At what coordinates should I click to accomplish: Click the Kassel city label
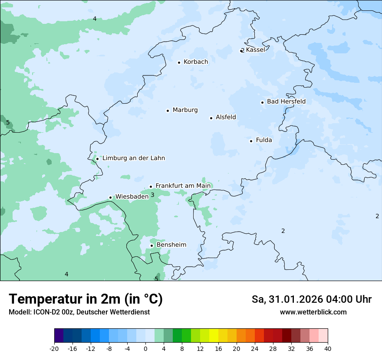click(255, 50)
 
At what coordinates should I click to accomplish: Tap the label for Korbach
click(195, 62)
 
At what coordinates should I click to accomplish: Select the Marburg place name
click(185, 110)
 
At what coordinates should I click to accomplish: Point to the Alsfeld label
click(226, 117)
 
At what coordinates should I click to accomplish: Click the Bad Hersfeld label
click(286, 101)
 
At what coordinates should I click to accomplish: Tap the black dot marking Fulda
click(251, 141)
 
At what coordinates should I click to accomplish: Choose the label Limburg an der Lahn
click(133, 158)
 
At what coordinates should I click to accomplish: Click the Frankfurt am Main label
click(183, 186)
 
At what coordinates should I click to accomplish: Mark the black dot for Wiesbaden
click(111, 197)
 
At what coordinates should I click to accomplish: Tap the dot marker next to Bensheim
click(151, 245)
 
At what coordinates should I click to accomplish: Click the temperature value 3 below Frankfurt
click(152, 195)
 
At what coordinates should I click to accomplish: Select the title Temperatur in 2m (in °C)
click(86, 299)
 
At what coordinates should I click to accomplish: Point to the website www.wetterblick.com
click(313, 312)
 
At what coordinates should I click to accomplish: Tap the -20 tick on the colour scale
click(54, 349)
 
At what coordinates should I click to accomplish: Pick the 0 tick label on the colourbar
click(145, 349)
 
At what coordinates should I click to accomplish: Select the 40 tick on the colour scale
click(328, 349)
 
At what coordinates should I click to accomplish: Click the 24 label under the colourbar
click(255, 349)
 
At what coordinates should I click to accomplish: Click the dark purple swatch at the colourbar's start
click(59, 336)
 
